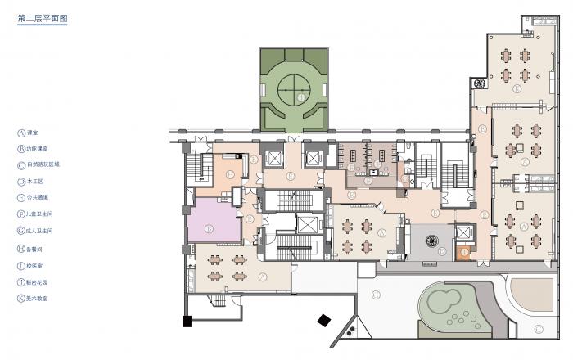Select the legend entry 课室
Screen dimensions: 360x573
33,132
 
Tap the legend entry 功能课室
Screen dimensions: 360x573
38,148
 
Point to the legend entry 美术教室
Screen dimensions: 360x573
38,299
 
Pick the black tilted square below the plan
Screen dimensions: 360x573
326,321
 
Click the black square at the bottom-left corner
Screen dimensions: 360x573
187,320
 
